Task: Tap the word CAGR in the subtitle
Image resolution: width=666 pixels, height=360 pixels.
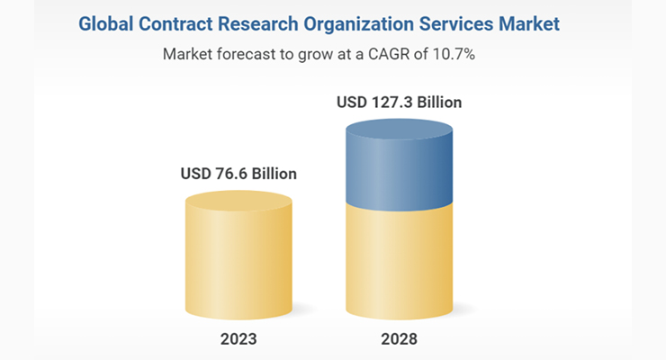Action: (x=409, y=54)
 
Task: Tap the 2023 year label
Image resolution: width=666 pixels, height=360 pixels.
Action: (x=238, y=341)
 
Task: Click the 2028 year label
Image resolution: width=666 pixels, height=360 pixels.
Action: (x=400, y=341)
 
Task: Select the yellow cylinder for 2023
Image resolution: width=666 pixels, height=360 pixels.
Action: (x=238, y=261)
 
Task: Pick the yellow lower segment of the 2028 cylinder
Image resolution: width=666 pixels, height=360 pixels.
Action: (x=400, y=261)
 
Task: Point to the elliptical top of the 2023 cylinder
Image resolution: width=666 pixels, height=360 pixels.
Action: (x=238, y=201)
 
